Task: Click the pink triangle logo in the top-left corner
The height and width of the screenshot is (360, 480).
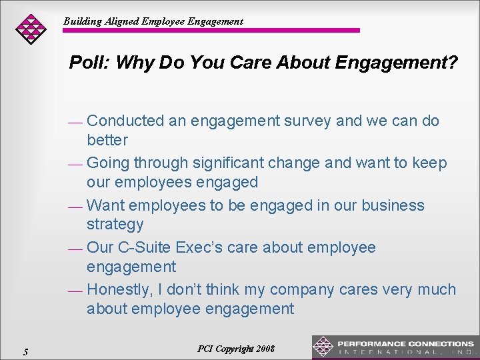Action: click(31, 29)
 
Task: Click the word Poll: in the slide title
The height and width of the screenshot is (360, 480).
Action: click(90, 63)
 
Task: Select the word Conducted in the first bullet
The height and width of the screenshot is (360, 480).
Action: click(125, 121)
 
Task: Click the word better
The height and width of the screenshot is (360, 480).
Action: click(107, 140)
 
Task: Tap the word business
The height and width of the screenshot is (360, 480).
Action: click(393, 205)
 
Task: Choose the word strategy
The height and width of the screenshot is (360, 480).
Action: click(115, 224)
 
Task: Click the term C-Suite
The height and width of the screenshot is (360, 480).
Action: click(145, 247)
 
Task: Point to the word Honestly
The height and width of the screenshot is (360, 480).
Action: click(118, 289)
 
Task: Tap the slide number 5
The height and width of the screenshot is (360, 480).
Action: click(25, 351)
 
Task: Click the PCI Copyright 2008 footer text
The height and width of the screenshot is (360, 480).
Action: click(236, 349)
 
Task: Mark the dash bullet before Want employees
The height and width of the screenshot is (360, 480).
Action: click(75, 207)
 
